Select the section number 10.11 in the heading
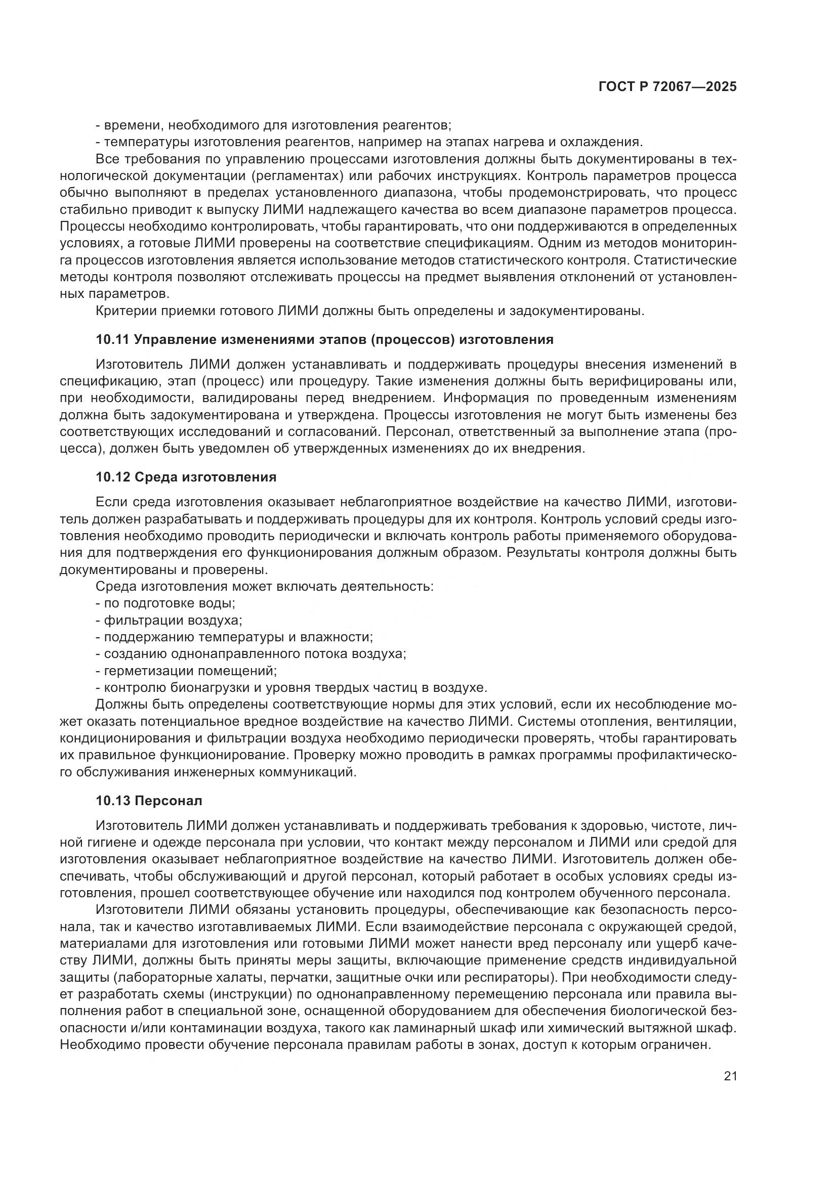pyautogui.click(x=113, y=339)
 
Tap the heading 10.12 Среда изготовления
pyautogui.click(x=186, y=477)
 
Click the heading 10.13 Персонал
pyautogui.click(x=149, y=801)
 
